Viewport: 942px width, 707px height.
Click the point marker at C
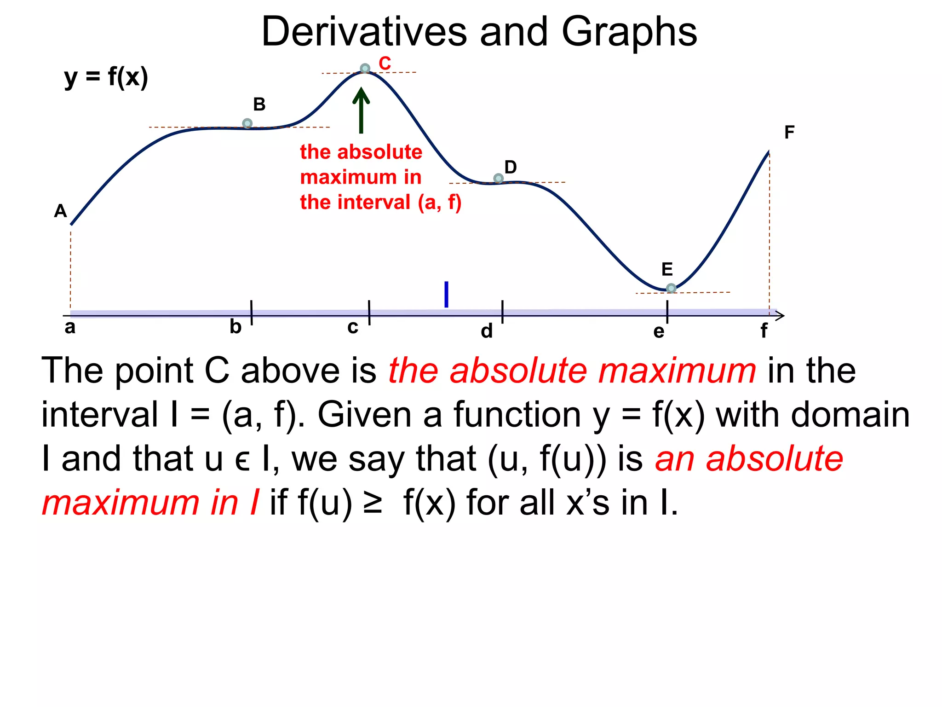coord(365,69)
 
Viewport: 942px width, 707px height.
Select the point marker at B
coord(247,123)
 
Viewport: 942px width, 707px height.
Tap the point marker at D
coord(498,178)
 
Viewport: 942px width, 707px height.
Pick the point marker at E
coord(671,288)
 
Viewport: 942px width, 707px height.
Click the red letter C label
coord(385,64)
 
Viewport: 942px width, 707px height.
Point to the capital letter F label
coord(789,133)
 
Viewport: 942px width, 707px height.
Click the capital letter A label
coord(60,211)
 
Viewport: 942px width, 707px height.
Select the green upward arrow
coord(361,110)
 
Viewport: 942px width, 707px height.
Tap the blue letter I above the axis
coord(446,295)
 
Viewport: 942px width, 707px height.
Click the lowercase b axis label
coord(235,327)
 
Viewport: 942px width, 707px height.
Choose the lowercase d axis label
coord(487,331)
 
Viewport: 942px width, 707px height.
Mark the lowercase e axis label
coord(659,331)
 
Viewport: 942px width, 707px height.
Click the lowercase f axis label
coord(764,330)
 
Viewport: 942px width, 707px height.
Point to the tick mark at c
coord(369,313)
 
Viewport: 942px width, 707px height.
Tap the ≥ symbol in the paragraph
coord(373,503)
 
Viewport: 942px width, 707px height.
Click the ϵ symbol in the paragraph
coord(242,460)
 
